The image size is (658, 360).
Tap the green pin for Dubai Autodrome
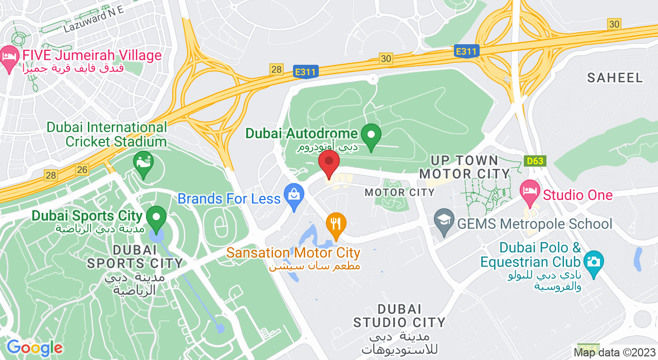click(371, 135)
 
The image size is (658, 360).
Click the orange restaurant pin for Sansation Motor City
click(336, 225)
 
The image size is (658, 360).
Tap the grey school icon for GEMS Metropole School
click(443, 221)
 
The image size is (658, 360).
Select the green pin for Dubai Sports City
click(156, 218)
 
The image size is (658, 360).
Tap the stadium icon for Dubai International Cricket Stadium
click(143, 163)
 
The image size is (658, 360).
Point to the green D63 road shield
click(535, 161)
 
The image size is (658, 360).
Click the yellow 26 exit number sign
click(82, 169)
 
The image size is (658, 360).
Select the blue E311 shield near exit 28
click(306, 72)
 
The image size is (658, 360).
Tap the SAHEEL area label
click(615, 78)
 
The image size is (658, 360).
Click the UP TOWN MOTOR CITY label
click(464, 167)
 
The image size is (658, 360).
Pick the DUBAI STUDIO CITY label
click(399, 316)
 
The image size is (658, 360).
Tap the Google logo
click(34, 348)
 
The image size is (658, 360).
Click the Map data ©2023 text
click(615, 353)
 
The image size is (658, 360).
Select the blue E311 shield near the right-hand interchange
click(467, 51)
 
